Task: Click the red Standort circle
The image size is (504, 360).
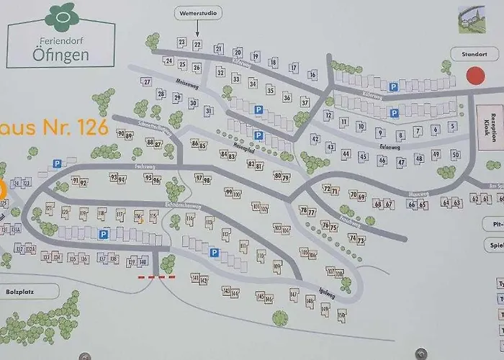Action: (x=474, y=76)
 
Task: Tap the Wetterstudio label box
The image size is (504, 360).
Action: (x=198, y=13)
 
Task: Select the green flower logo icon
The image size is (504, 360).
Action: (x=61, y=15)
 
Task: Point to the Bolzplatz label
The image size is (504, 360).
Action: (x=28, y=291)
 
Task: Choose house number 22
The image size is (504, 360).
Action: (x=197, y=45)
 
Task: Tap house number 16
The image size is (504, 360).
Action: (x=312, y=74)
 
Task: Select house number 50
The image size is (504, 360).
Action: (x=455, y=154)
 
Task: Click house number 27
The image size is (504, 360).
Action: (x=146, y=81)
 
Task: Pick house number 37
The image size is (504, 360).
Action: (x=305, y=102)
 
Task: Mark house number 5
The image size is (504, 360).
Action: (x=452, y=127)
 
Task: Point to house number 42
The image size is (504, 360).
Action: (x=315, y=139)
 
